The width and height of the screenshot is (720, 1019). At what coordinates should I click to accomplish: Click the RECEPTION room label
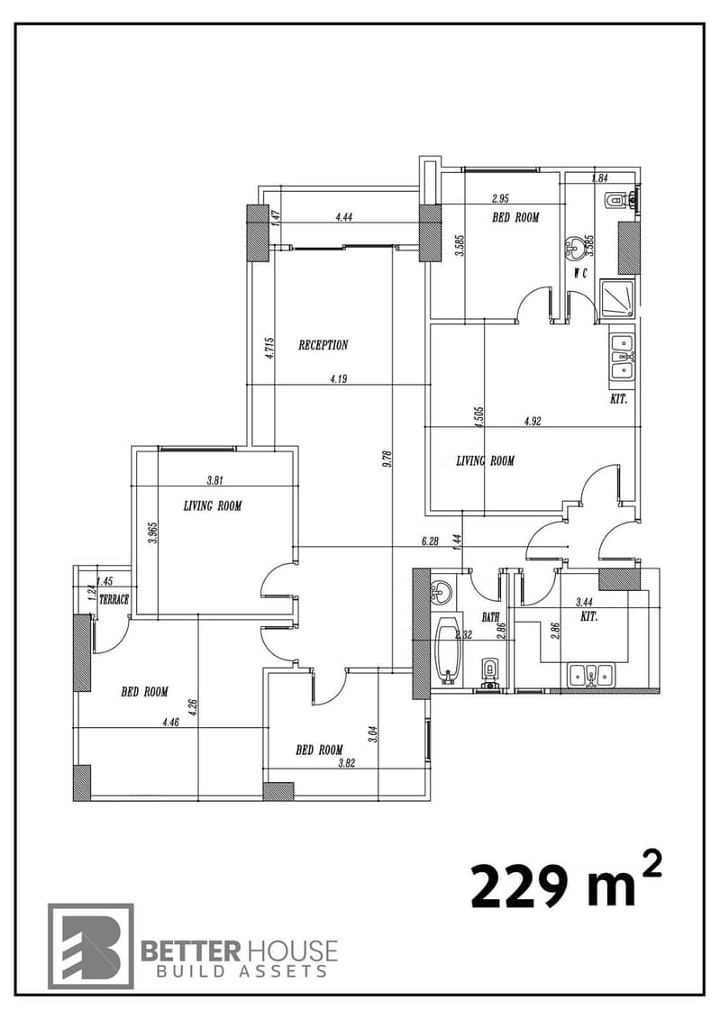pyautogui.click(x=323, y=345)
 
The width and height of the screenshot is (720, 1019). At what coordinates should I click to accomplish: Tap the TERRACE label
pyautogui.click(x=114, y=600)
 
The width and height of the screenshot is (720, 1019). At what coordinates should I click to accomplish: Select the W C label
pyautogui.click(x=580, y=274)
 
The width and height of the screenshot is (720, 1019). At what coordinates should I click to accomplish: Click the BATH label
pyautogui.click(x=490, y=617)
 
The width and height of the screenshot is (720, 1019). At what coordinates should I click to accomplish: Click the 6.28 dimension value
pyautogui.click(x=430, y=541)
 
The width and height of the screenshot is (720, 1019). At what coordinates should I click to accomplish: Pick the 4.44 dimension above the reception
pyautogui.click(x=343, y=218)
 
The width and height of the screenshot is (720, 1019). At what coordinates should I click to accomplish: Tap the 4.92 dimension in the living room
pyautogui.click(x=533, y=421)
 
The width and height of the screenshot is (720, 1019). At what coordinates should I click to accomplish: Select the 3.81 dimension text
pyautogui.click(x=215, y=481)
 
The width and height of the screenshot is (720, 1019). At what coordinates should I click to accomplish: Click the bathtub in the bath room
pyautogui.click(x=448, y=651)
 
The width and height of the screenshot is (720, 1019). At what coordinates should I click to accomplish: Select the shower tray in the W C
pyautogui.click(x=617, y=300)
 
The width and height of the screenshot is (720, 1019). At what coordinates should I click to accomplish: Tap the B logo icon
pyautogui.click(x=91, y=945)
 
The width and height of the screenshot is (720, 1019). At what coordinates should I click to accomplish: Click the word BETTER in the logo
pyautogui.click(x=191, y=951)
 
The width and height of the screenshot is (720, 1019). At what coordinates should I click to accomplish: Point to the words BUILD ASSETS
pyautogui.click(x=242, y=971)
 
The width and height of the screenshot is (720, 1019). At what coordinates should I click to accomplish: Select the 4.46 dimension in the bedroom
pyautogui.click(x=170, y=722)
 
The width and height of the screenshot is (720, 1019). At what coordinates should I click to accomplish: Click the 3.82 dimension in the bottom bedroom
pyautogui.click(x=346, y=764)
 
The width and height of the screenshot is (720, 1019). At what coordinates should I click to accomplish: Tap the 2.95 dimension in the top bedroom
pyautogui.click(x=500, y=199)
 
